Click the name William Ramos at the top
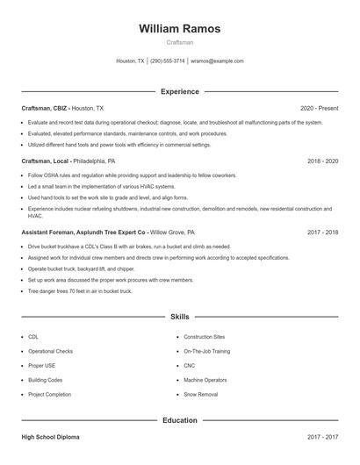point(179,29)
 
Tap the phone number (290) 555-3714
point(168,61)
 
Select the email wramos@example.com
point(217,61)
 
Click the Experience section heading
point(179,91)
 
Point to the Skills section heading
point(179,316)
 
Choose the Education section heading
point(179,420)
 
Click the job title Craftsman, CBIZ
point(44,108)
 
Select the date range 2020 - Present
point(319,108)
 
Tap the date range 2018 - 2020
point(322,161)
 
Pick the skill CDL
point(33,337)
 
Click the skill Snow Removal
point(200,395)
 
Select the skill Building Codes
point(45,380)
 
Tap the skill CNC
point(190,366)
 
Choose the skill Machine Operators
point(205,380)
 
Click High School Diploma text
point(52,436)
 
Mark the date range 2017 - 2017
point(322,436)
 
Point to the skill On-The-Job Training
point(207,351)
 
